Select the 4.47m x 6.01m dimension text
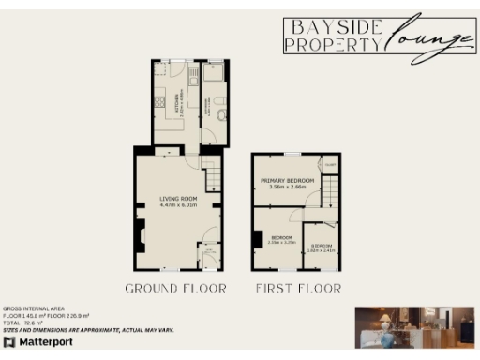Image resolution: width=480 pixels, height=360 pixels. pyautogui.click(x=171, y=204)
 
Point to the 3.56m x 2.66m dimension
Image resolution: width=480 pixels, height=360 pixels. pyautogui.click(x=287, y=187)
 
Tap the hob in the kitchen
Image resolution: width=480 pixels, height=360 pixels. pyautogui.click(x=159, y=100)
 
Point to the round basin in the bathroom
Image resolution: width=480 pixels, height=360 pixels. pyautogui.click(x=218, y=113)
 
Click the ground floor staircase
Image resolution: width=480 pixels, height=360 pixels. pyautogui.click(x=214, y=173)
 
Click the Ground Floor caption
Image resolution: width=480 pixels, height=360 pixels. pyautogui.click(x=176, y=288)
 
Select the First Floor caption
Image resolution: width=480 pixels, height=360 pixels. pyautogui.click(x=298, y=288)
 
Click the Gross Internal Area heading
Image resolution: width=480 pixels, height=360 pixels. pyautogui.click(x=37, y=307)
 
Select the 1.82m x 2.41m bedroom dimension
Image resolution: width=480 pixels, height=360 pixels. pyautogui.click(x=321, y=250)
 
